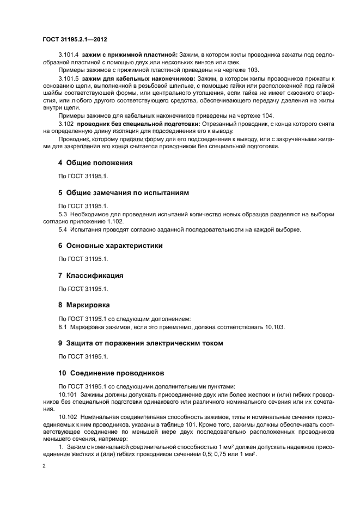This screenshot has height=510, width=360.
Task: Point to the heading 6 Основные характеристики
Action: pyautogui.click(x=110, y=246)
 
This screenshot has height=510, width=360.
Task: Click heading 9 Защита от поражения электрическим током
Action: pyautogui.click(x=141, y=343)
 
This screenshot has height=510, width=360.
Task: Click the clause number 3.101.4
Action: pyautogui.click(x=68, y=56)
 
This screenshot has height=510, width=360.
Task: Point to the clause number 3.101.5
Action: pyautogui.click(x=68, y=80)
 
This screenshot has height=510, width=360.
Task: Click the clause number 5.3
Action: pyautogui.click(x=63, y=215)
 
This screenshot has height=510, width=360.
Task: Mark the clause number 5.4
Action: pyautogui.click(x=63, y=230)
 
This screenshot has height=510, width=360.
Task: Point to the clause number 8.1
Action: pyautogui.click(x=63, y=327)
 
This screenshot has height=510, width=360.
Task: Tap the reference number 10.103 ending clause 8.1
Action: pyautogui.click(x=275, y=327)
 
